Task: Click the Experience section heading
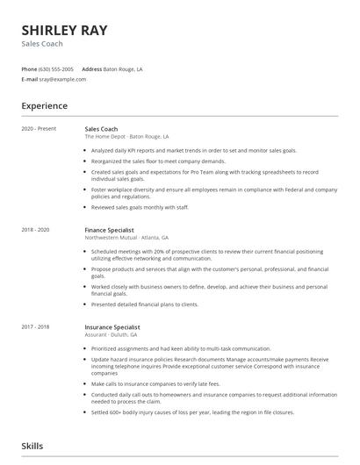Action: (45, 106)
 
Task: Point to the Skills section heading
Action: (32, 446)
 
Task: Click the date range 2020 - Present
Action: (39, 129)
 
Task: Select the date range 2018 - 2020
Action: (36, 230)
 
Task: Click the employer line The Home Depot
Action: (127, 137)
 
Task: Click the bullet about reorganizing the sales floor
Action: (158, 161)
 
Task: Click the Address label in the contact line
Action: (91, 68)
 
